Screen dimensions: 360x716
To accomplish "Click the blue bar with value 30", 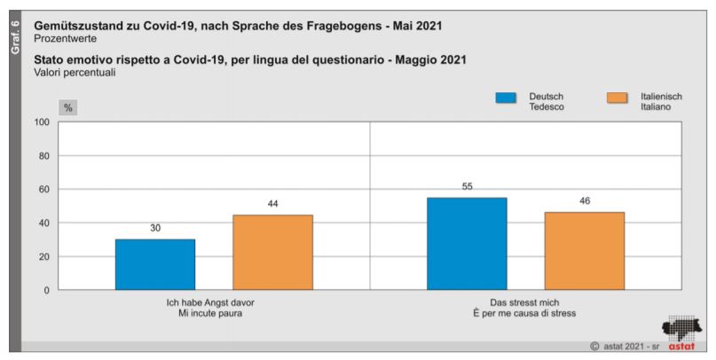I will pyautogui.click(x=155, y=264).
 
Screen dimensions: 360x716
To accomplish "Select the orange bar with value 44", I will pyautogui.click(x=272, y=252).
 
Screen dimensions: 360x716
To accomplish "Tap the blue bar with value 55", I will pyautogui.click(x=467, y=243).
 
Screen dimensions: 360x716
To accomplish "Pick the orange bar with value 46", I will pyautogui.click(x=584, y=251).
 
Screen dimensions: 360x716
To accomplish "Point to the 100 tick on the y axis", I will pyautogui.click(x=41, y=122).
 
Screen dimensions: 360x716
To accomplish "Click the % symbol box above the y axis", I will pyautogui.click(x=68, y=107).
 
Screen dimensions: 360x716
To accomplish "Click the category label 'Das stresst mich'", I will pyautogui.click(x=526, y=302).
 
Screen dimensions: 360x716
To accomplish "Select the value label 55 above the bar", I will pyautogui.click(x=467, y=186).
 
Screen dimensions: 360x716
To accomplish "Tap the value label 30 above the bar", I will pyautogui.click(x=155, y=228).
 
